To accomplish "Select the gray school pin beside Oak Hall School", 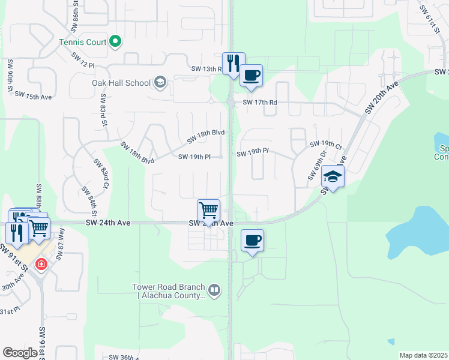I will [x=160, y=82].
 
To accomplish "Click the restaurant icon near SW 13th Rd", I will [x=233, y=63].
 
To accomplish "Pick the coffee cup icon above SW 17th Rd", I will [x=252, y=76].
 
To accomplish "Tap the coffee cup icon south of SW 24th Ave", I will [x=252, y=241].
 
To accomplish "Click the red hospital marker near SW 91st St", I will [x=41, y=263].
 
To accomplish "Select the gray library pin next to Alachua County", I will [x=215, y=291].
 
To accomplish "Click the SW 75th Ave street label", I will [x=33, y=95].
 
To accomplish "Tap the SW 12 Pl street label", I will [x=83, y=60].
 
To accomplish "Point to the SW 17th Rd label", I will [x=260, y=103].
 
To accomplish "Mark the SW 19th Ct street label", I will [x=325, y=145].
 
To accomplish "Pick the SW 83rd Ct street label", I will [x=100, y=173].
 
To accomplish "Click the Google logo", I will [x=20, y=353].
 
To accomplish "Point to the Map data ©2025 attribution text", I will [x=423, y=355].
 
